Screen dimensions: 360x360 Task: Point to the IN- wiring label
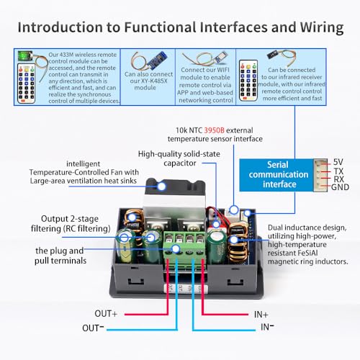[267, 328]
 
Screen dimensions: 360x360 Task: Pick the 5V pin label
[340, 162]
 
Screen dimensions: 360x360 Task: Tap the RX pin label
[339, 179]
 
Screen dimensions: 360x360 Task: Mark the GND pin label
[340, 188]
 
